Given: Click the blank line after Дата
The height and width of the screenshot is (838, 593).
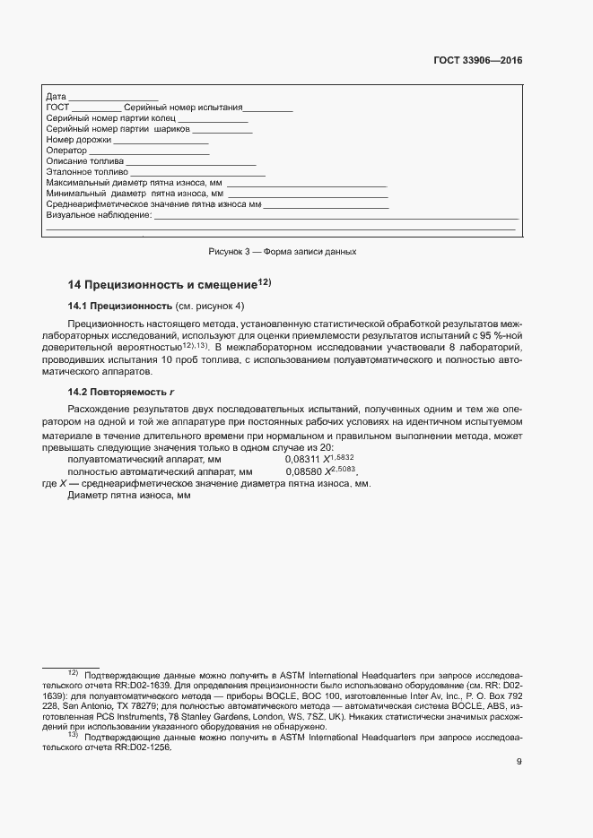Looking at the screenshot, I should pos(113,96).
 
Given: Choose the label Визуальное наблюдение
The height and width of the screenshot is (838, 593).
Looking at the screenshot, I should pos(98,215).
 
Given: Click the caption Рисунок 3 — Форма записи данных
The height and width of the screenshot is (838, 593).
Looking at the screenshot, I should pos(283,252).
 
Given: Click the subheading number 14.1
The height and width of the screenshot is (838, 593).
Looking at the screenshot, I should pos(79,307).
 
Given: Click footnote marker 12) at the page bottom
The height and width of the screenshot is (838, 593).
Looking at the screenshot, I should pos(73,672).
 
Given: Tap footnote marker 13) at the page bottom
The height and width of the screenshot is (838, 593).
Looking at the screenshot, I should pos(73,735).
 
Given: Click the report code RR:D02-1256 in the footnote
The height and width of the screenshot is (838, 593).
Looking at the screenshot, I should pos(142,746).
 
